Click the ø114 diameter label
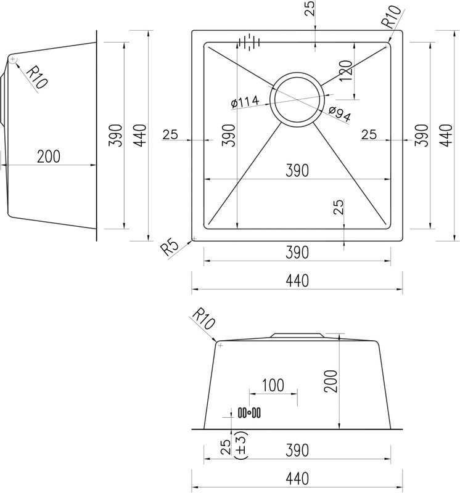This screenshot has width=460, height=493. [245, 102]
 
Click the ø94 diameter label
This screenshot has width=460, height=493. [339, 113]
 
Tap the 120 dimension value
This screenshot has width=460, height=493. [346, 71]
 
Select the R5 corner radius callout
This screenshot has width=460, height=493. [170, 248]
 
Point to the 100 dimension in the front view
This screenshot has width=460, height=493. [273, 385]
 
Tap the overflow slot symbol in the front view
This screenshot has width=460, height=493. [249, 412]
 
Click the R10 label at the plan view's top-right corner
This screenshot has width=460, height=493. [391, 17]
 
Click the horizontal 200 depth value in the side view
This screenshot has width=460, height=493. [49, 157]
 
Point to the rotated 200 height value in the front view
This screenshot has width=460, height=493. [331, 381]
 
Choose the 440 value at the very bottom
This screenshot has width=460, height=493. [297, 479]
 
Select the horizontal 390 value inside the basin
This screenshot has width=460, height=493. [297, 171]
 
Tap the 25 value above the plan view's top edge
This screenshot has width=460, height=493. [310, 9]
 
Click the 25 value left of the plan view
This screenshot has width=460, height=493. [170, 134]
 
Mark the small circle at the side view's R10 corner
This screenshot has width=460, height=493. [12, 59]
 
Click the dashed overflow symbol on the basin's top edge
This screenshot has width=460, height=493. [250, 41]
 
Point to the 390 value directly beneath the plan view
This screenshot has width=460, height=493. [297, 253]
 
